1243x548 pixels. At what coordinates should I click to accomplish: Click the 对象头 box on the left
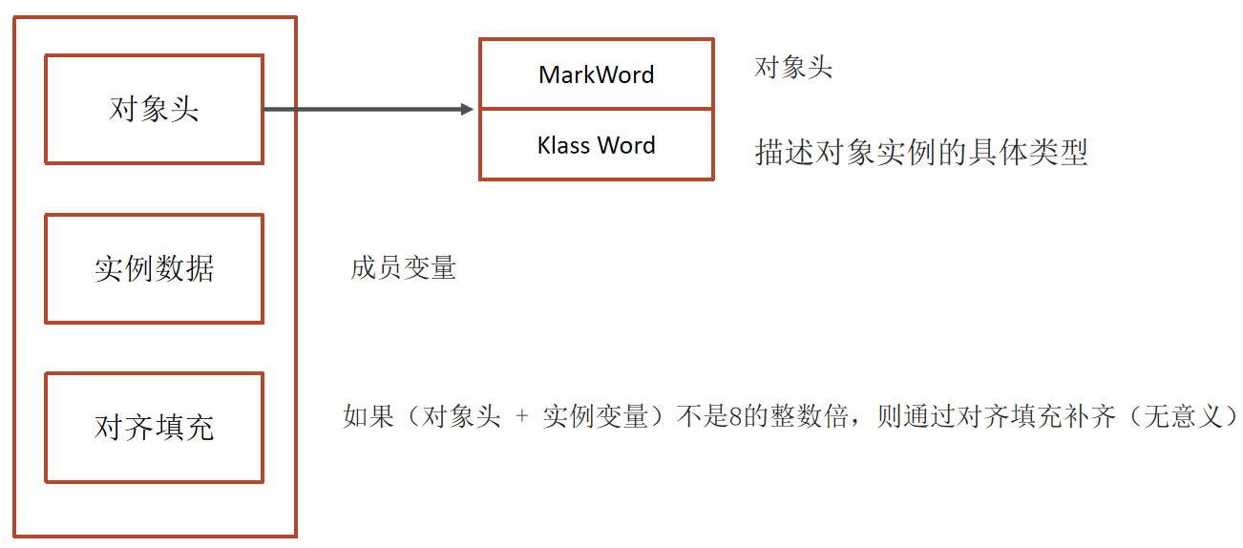click(x=154, y=109)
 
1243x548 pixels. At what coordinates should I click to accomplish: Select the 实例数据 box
click(x=154, y=268)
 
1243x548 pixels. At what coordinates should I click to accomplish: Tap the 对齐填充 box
click(x=154, y=428)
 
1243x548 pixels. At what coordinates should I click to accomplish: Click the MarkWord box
click(x=596, y=74)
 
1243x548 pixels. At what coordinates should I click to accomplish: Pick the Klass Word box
click(x=596, y=145)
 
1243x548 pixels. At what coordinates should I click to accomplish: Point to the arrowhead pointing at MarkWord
click(x=467, y=110)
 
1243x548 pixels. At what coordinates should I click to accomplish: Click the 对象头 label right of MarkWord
click(x=793, y=68)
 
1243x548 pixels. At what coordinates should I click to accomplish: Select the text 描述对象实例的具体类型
click(x=921, y=152)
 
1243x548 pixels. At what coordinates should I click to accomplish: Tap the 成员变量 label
click(x=403, y=268)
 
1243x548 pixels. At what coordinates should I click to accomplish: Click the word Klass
click(x=564, y=145)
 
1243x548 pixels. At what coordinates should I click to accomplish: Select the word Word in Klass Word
click(x=626, y=145)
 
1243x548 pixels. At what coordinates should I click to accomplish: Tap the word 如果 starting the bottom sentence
click(x=369, y=418)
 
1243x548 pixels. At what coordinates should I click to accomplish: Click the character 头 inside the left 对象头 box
click(x=184, y=109)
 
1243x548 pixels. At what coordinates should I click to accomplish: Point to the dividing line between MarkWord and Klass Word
click(x=596, y=109)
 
